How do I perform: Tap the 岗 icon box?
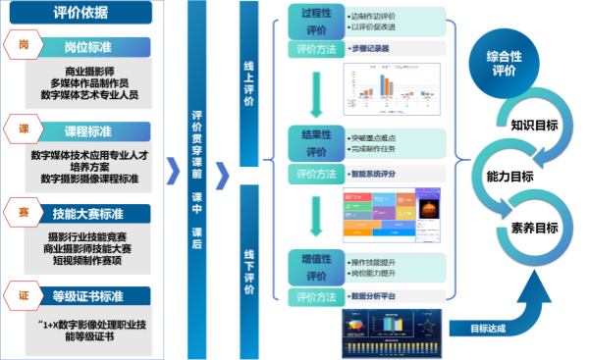tap(24, 46)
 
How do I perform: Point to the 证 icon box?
tap(24, 293)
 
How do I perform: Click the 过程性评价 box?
tap(315, 23)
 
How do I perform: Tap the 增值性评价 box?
tap(315, 266)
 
